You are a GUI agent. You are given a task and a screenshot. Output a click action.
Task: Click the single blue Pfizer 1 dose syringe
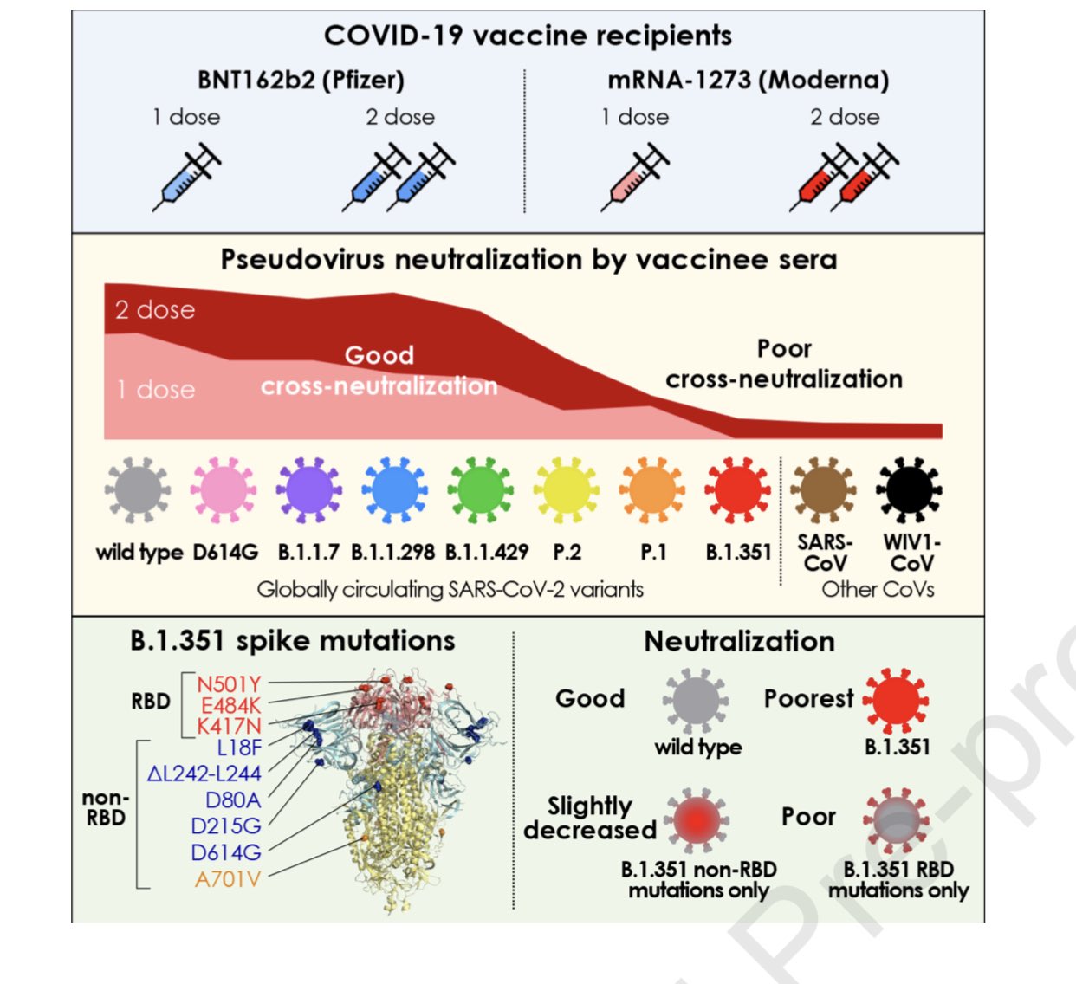pyautogui.click(x=187, y=178)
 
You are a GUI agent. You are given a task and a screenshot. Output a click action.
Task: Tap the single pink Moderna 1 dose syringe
pyautogui.click(x=635, y=178)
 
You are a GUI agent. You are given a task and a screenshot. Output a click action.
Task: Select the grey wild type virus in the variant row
pyautogui.click(x=137, y=489)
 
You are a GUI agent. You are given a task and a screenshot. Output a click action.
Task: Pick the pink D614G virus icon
pyautogui.click(x=224, y=489)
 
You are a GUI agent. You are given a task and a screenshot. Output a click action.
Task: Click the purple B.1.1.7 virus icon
pyautogui.click(x=309, y=489)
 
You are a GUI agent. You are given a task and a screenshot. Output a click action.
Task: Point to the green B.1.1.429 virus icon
pyautogui.click(x=480, y=489)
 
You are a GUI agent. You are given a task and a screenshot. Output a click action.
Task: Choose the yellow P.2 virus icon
pyautogui.click(x=566, y=489)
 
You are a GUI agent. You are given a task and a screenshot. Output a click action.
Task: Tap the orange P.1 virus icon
pyautogui.click(x=651, y=489)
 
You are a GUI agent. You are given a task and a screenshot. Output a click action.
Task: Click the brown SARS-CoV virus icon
pyautogui.click(x=824, y=489)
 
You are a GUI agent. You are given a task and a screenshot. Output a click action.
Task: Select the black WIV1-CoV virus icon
pyautogui.click(x=910, y=489)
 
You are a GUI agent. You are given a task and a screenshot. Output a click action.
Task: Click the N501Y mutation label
pyautogui.click(x=229, y=685)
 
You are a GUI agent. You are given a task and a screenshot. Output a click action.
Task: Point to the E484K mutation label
pyautogui.click(x=230, y=706)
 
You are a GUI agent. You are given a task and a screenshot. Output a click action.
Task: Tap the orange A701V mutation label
pyautogui.click(x=228, y=879)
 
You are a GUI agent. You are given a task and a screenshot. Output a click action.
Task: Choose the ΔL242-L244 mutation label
pyautogui.click(x=204, y=774)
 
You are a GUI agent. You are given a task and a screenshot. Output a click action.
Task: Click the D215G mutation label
pyautogui.click(x=226, y=825)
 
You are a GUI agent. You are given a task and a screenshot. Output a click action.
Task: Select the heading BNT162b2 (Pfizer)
pyautogui.click(x=301, y=81)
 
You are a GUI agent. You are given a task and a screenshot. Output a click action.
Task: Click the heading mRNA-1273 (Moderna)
pyautogui.click(x=749, y=81)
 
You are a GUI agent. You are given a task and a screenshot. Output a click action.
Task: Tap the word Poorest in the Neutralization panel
pyautogui.click(x=808, y=698)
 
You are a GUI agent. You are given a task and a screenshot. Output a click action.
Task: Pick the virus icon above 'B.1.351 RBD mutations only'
pyautogui.click(x=896, y=819)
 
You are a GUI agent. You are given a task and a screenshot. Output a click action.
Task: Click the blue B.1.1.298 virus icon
pyautogui.click(x=394, y=489)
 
